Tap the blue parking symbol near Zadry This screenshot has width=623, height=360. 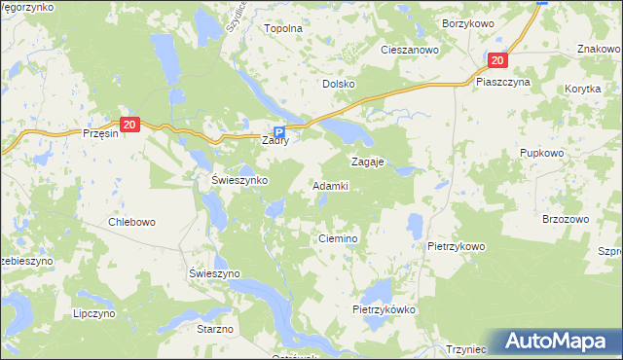click(x=279, y=133)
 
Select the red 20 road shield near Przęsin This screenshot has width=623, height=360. click(x=131, y=124)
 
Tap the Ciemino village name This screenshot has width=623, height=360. click(x=340, y=238)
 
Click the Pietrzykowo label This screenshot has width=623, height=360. click(x=456, y=246)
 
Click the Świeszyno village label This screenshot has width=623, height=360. click(x=214, y=274)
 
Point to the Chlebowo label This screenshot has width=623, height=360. click(x=131, y=222)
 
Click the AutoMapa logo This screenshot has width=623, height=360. click(x=558, y=342)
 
